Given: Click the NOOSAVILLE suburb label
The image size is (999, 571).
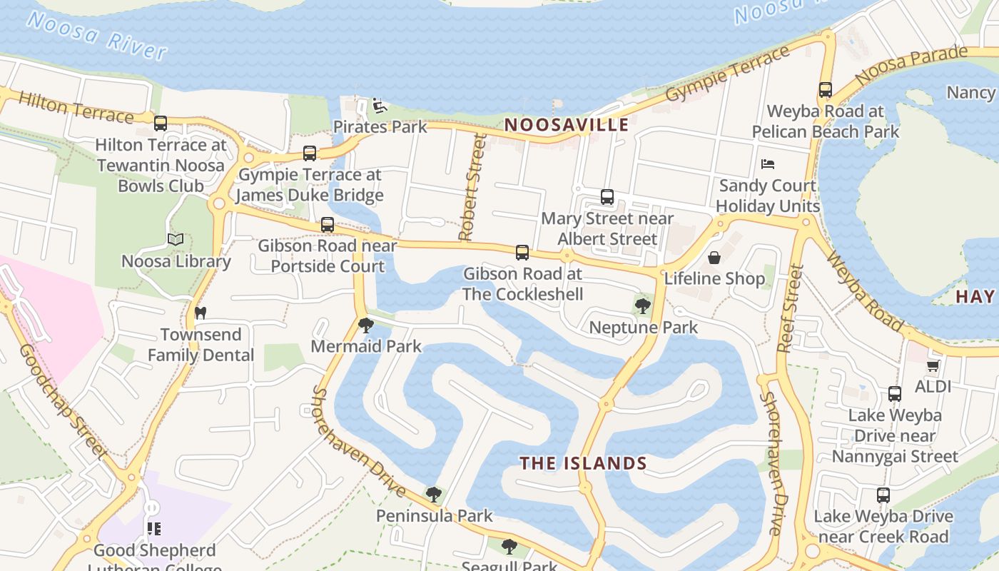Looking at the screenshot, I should click(567, 125).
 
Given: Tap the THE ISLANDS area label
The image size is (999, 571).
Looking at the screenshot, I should click(583, 463).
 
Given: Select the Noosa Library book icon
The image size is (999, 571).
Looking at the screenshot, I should click(176, 240).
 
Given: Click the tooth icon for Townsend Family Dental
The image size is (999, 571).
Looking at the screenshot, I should click(201, 313).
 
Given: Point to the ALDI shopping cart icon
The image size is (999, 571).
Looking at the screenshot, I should click(933, 365).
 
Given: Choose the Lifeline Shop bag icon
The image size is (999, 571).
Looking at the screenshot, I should click(714, 257).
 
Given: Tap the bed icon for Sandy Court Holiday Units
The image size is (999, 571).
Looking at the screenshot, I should click(768, 164).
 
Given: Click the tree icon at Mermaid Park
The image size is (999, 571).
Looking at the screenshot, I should click(366, 325).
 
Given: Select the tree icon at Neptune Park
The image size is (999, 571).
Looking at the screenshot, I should click(643, 306).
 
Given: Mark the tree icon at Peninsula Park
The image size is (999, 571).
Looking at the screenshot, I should click(434, 494).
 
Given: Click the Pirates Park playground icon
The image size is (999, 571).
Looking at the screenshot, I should click(380, 106).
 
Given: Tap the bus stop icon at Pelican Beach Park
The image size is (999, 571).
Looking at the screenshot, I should click(826, 90).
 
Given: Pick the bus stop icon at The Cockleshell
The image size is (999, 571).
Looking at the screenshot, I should click(522, 252).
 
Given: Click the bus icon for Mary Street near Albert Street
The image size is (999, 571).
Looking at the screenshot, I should click(607, 197).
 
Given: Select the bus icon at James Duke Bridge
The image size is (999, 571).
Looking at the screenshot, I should click(310, 153).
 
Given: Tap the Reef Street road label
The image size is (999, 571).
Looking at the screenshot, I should click(791, 308).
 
